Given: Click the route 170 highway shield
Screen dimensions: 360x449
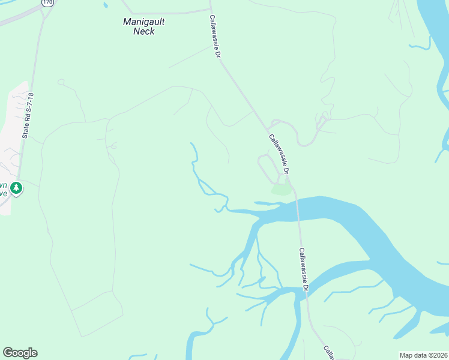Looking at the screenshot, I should (47, 2).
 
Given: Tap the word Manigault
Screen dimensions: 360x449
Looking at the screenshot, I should (143, 22).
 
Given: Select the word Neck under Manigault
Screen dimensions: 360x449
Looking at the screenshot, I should (143, 31).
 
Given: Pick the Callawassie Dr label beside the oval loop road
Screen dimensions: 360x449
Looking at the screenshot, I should (279, 154).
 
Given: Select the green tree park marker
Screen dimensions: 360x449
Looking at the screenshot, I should (17, 188).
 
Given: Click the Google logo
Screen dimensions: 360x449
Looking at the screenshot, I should (20, 353).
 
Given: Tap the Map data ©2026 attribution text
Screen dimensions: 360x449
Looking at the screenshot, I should (423, 355).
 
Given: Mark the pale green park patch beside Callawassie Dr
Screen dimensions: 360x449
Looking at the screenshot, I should (281, 190).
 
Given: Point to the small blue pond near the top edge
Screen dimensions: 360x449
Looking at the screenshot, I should (106, 4).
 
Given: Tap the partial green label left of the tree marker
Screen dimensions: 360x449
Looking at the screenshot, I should (4, 190).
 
